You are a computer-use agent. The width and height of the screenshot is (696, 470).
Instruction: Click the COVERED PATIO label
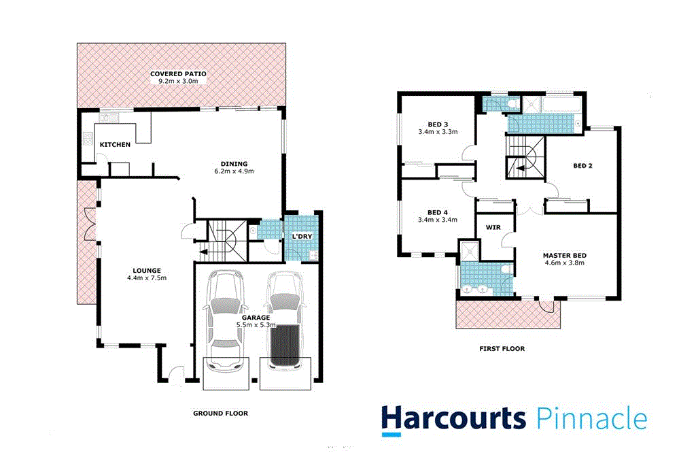(178, 73)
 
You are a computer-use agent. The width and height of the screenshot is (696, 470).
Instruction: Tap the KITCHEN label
(115, 145)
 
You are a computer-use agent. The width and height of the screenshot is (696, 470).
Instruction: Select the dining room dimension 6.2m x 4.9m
(233, 171)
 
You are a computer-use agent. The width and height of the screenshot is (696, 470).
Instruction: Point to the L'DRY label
(301, 236)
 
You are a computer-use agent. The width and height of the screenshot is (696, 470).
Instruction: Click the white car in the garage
(224, 320)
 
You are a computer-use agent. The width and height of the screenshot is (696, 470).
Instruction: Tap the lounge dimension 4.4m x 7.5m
(146, 278)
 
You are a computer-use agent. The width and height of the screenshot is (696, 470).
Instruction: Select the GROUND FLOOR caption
(220, 413)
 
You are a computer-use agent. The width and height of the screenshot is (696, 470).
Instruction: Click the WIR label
(493, 227)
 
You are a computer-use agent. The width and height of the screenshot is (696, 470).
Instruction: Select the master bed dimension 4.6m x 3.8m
(564, 264)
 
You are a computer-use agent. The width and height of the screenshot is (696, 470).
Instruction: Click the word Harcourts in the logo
(453, 418)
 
